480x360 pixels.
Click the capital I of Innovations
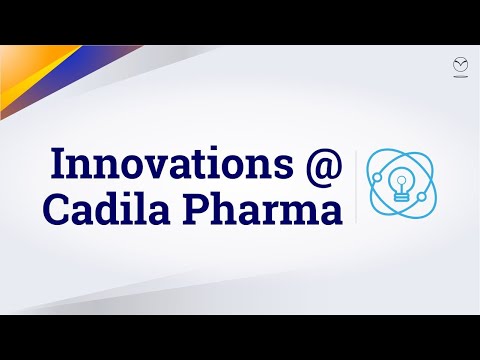pos(56,162)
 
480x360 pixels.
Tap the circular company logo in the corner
pos(460,64)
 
